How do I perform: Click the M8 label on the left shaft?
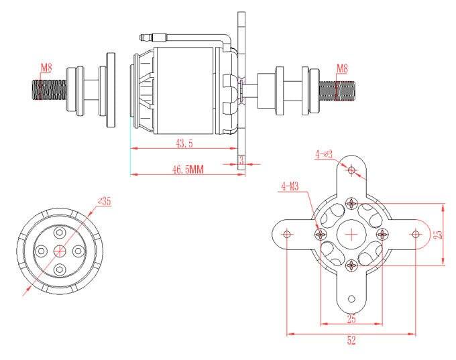[x=46, y=68]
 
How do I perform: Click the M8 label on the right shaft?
[x=342, y=68]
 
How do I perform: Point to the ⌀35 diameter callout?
[x=104, y=200]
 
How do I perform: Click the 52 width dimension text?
[x=351, y=341]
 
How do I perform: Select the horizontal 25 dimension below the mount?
[x=351, y=318]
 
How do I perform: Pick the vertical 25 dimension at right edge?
[x=438, y=234]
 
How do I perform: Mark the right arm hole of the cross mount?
[x=415, y=234]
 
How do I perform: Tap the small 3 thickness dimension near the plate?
[x=241, y=159]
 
